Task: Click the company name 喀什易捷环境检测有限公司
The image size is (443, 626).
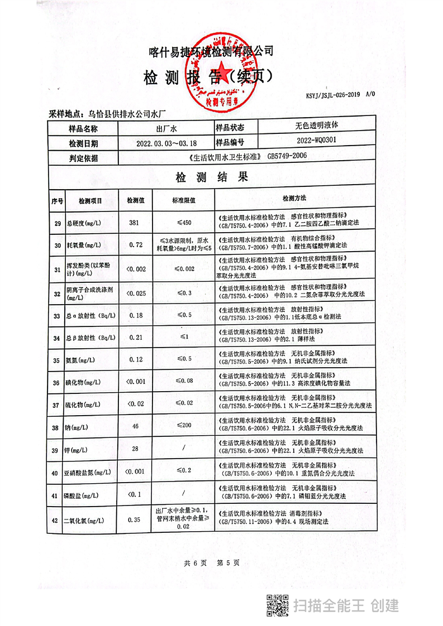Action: click(212, 51)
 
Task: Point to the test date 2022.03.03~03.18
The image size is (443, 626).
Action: click(166, 143)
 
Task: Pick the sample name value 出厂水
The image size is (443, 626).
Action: click(166, 128)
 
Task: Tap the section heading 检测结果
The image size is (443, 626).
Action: click(212, 177)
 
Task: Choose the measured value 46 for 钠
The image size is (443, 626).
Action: click(134, 426)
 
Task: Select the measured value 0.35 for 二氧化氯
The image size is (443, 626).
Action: click(134, 519)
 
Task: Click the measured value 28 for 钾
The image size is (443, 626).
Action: click(134, 449)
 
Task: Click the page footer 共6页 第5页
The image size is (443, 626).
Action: click(212, 563)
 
